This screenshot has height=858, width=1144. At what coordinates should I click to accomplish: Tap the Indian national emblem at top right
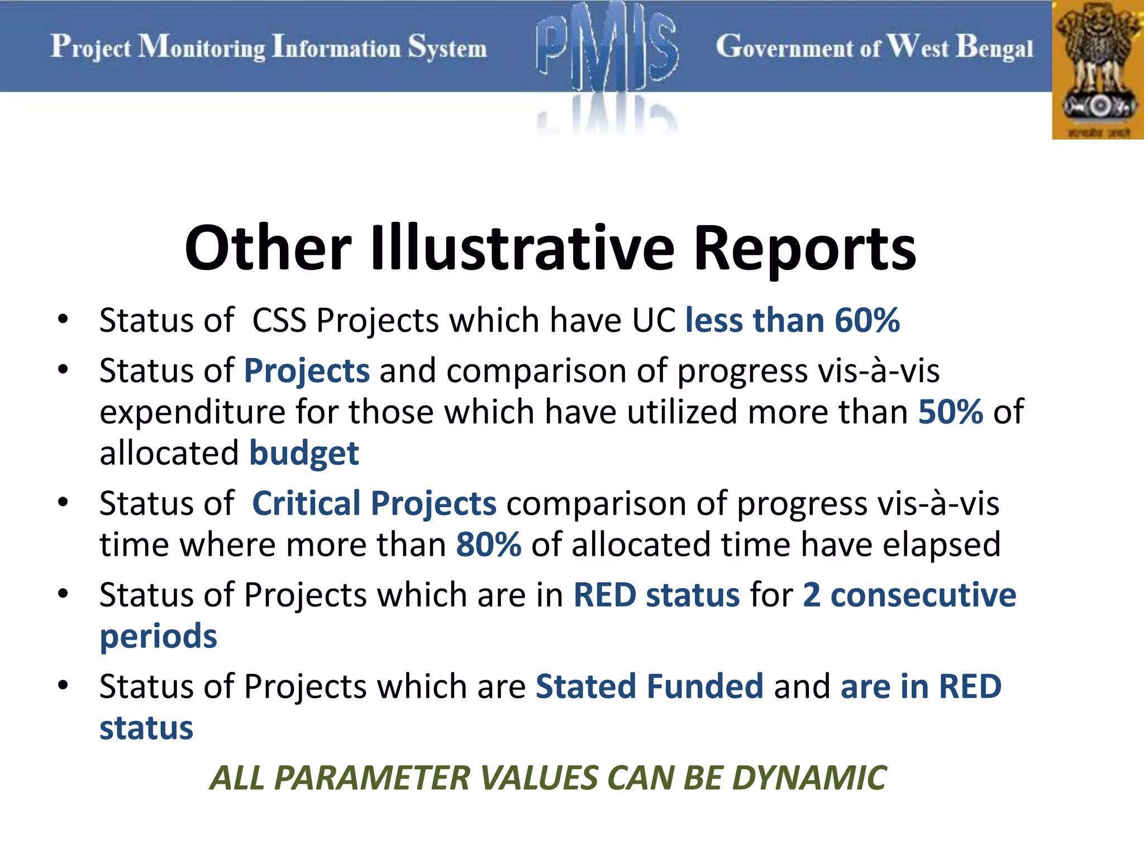[x=1098, y=70]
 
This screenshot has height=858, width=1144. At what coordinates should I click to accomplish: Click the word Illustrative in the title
[x=523, y=248]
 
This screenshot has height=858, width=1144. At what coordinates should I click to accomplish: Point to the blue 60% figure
[x=867, y=321]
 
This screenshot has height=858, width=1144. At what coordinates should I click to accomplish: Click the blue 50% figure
[x=950, y=412]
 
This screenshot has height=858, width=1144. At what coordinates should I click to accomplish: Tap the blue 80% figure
[x=489, y=545]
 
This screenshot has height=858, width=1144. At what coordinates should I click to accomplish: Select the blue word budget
[x=304, y=453]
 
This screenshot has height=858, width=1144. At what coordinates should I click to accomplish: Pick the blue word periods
[x=158, y=636]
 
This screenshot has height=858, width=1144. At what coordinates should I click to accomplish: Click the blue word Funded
[x=705, y=687]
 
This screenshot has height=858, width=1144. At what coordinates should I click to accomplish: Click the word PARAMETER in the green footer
[x=372, y=778]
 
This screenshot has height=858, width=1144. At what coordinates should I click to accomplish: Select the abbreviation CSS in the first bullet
[x=279, y=321]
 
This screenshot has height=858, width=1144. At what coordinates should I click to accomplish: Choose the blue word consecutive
[x=923, y=595]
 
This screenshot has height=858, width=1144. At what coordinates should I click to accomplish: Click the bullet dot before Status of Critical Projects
[x=63, y=502]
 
